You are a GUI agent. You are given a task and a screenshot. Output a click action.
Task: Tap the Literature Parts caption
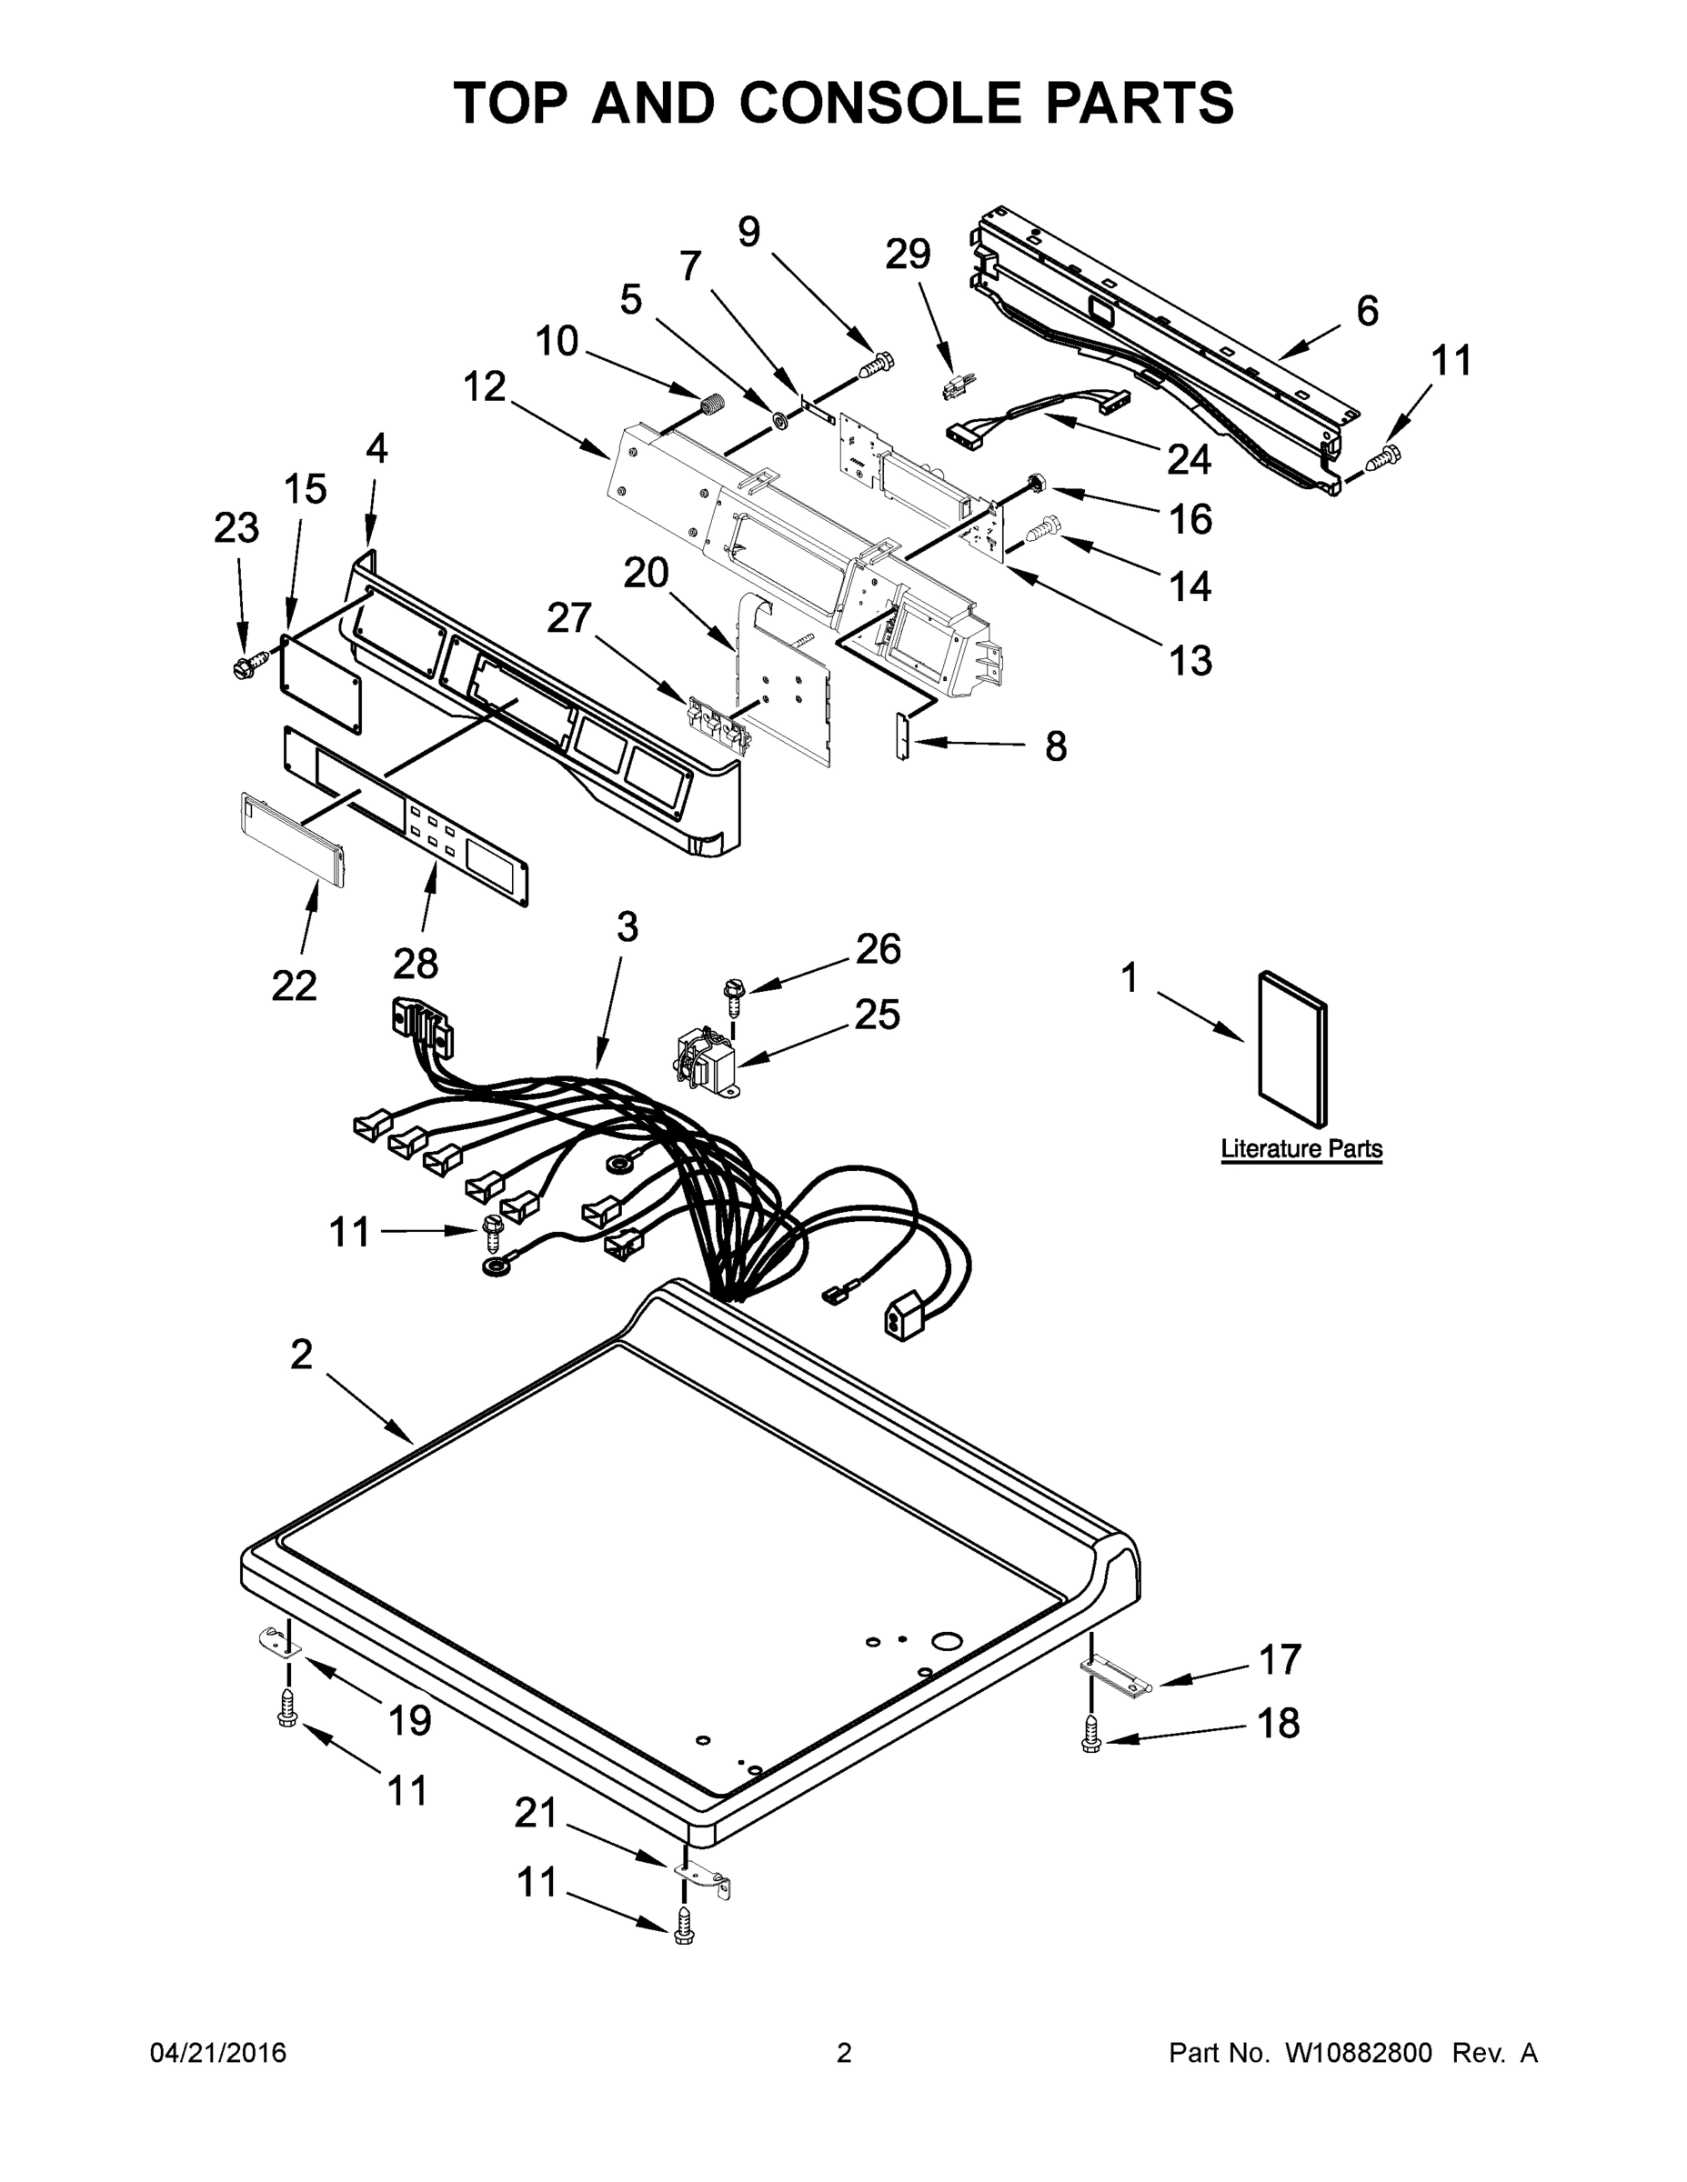pos(1301,1149)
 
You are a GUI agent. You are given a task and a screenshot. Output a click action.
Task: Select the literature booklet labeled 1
pos(1293,1048)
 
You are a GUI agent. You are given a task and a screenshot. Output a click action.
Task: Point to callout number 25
pos(877,1014)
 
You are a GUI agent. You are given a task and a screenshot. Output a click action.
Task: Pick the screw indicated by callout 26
pos(734,991)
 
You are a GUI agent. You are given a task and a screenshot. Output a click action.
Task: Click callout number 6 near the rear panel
pos(1367,311)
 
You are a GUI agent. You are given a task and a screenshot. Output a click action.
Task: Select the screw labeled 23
pos(244,666)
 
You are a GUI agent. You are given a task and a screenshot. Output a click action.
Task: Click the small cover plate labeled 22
pos(293,839)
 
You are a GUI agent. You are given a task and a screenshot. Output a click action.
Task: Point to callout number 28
pos(415,964)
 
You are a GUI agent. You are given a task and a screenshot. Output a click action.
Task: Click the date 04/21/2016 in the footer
pos(218,2053)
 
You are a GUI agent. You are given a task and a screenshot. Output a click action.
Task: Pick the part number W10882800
pos(1357,2053)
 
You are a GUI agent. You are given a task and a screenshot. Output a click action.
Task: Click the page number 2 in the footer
pos(844,2053)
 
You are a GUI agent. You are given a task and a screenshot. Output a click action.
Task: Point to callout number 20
pos(646,574)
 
